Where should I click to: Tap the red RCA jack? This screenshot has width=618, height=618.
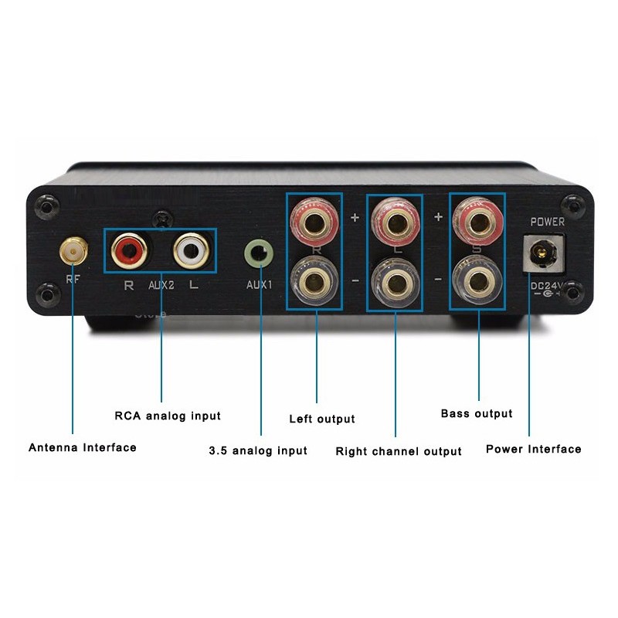pos(127,249)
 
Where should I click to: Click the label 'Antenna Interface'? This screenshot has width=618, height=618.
pos(83,447)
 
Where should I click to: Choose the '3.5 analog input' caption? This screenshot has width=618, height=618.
pos(258,450)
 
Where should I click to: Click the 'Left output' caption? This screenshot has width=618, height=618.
pos(322,419)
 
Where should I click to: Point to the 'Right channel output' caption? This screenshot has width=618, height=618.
pos(399,451)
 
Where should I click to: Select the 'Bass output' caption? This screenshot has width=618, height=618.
pos(477,413)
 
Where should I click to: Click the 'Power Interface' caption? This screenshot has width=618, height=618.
pos(534,449)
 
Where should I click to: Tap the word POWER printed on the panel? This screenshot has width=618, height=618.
pos(547,222)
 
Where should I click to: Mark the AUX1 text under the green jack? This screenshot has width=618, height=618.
pos(260,284)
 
